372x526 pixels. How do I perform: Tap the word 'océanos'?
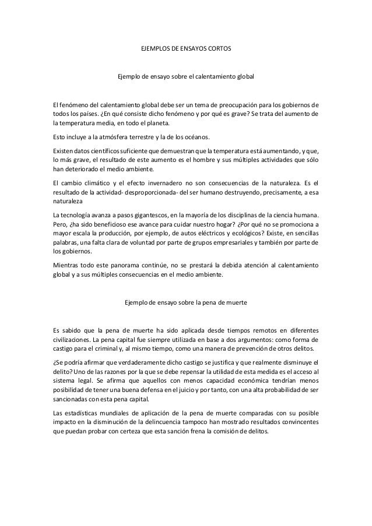pos(198,137)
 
